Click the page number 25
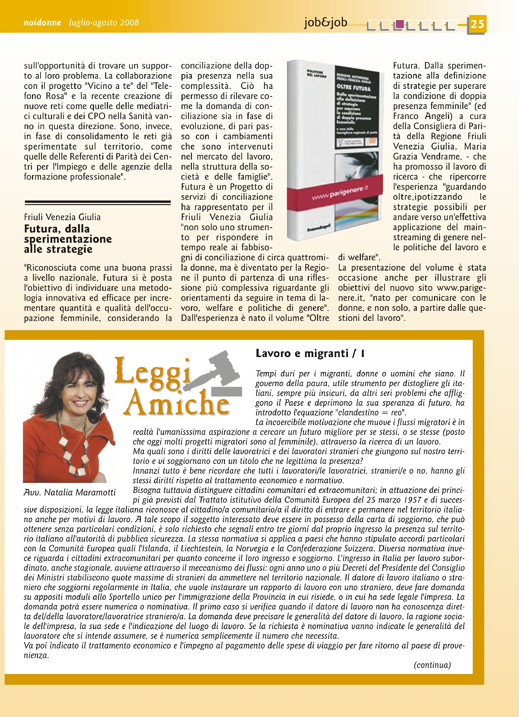pos(477,24)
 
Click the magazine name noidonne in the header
pos(42,23)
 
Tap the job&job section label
pos(326,22)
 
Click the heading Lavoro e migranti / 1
pos(310,353)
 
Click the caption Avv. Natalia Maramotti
pos(70,493)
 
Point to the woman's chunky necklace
pos(74,452)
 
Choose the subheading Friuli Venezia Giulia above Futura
pos(62,217)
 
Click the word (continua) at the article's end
pos(432,665)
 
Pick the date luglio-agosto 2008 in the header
pos(104,23)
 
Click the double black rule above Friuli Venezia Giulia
pos(98,203)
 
